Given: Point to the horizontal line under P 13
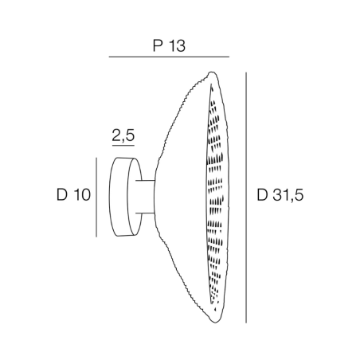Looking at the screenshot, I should coord(168,57).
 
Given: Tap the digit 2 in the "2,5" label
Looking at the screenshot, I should coord(116,136).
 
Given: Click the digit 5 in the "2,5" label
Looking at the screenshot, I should coord(130,136).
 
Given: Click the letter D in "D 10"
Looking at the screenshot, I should coord(62,194).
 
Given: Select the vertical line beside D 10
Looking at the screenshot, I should coord(96,196).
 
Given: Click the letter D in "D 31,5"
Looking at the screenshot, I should coord(264,194).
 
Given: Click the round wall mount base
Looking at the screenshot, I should coord(123,196).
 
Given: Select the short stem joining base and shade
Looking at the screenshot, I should coord(147,196).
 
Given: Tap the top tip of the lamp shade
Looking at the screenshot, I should coord(210,73).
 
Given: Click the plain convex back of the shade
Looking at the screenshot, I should coord(179,195).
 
